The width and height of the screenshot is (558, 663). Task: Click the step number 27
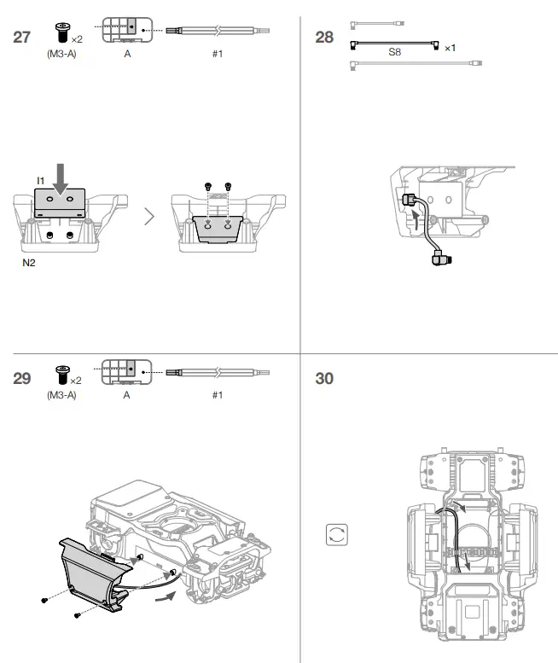24,37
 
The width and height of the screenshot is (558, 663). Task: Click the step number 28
324,37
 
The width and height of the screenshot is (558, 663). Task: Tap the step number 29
24,378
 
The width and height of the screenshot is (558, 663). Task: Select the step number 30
324,378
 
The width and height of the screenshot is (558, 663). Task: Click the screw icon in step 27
61,32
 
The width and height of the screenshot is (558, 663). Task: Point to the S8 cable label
394,52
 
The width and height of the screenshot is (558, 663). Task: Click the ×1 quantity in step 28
450,48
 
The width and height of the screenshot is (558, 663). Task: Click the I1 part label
40,180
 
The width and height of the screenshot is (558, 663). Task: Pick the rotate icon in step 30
337,535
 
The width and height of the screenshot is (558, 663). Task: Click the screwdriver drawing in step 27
218,31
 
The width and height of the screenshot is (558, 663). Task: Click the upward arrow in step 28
417,224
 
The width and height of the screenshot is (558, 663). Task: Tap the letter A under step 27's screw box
127,53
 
